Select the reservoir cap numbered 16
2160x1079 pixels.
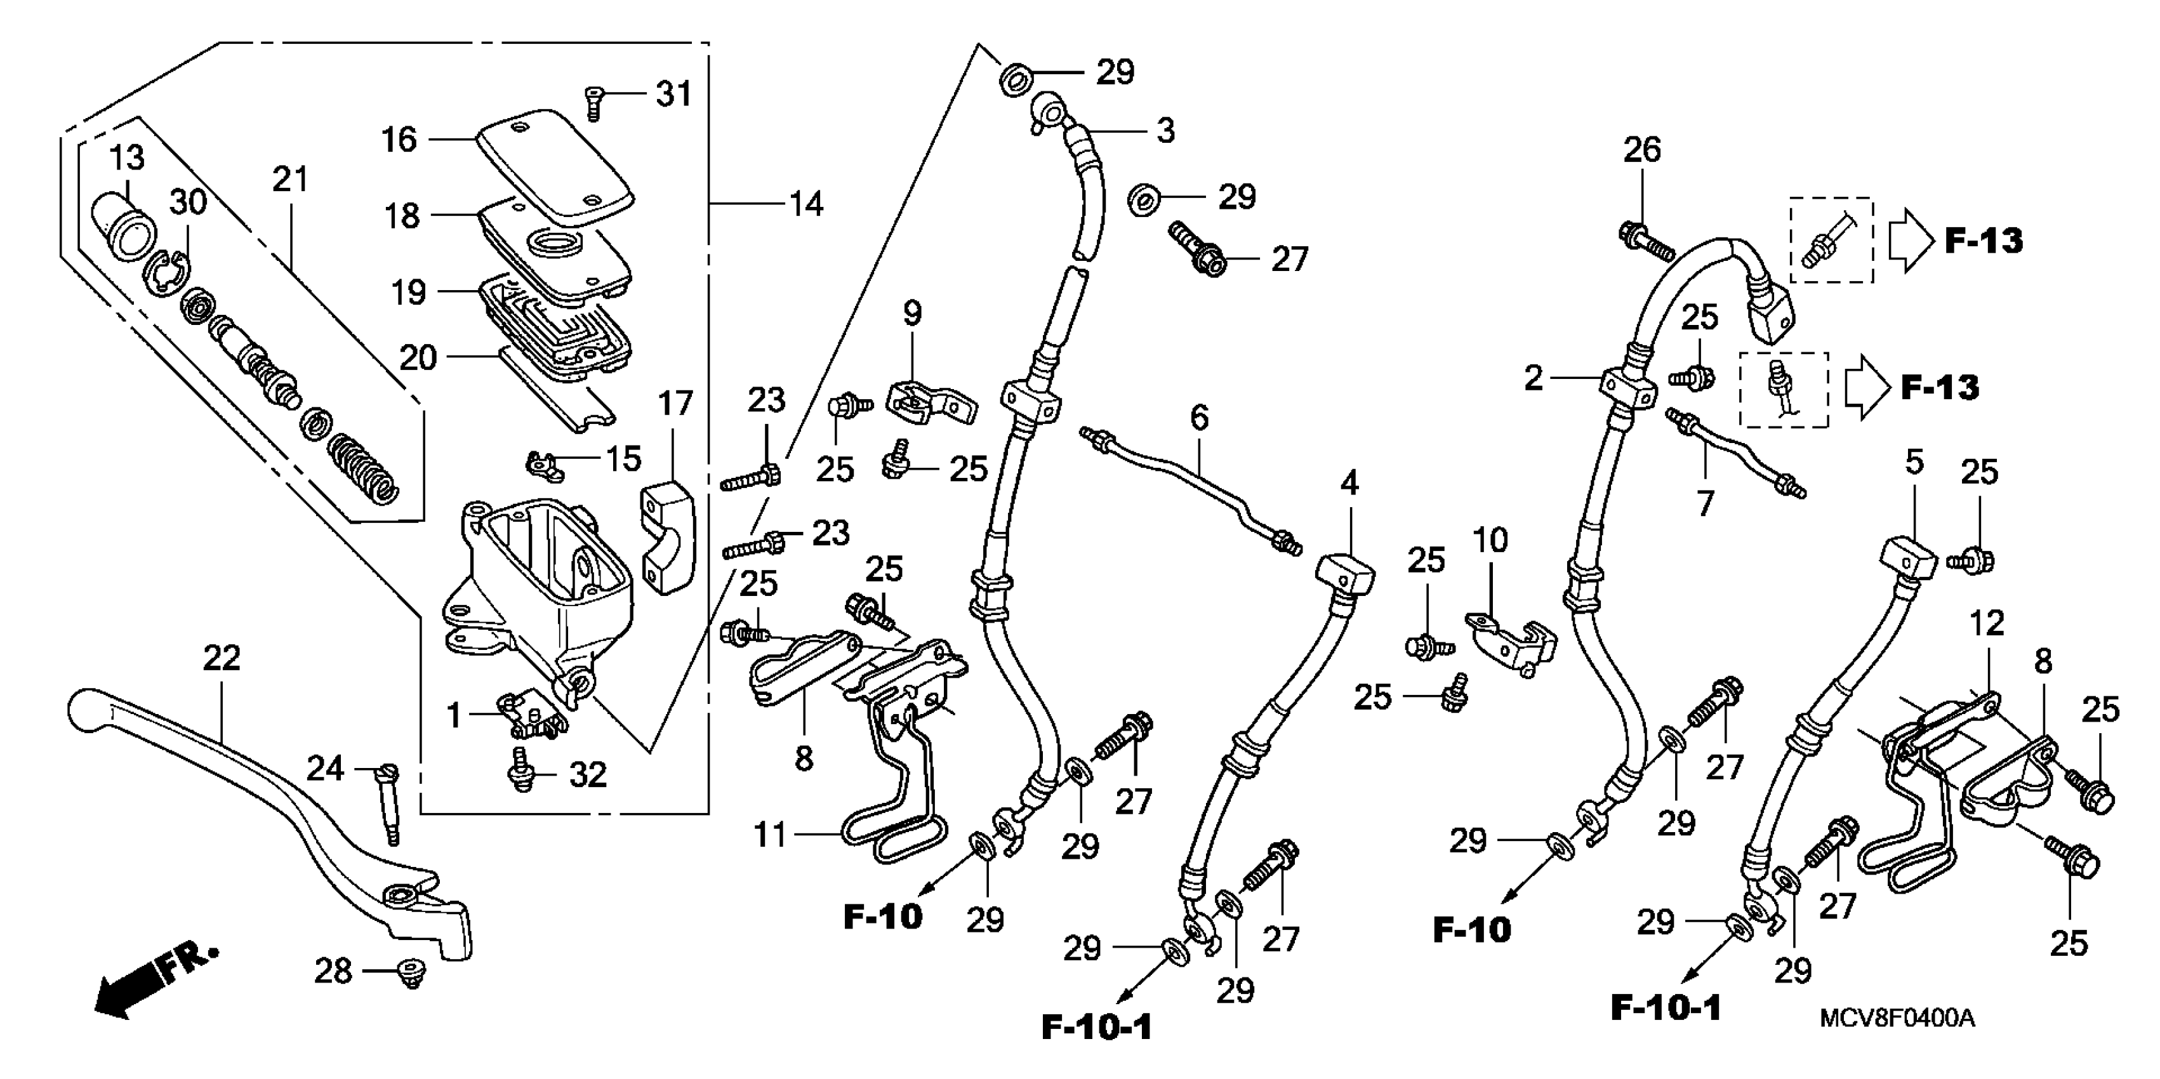click(553, 164)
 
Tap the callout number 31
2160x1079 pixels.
click(673, 94)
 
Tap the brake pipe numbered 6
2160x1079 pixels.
click(1191, 491)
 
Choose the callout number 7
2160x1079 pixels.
click(1705, 504)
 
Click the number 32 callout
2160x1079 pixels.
click(588, 775)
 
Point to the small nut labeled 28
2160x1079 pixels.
click(411, 974)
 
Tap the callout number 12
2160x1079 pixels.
click(1985, 623)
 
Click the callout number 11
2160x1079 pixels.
click(771, 836)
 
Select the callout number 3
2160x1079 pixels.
click(1165, 131)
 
